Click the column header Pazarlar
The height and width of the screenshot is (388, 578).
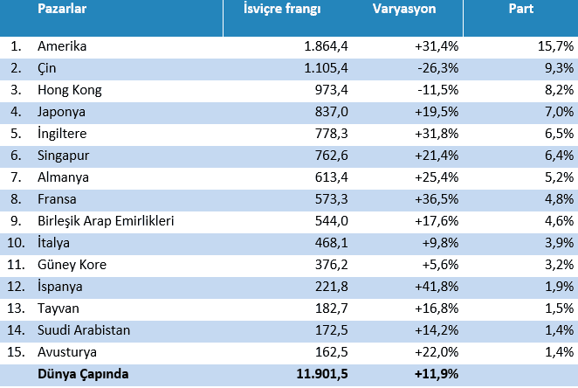pos(61,11)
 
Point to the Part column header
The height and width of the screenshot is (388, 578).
pos(521,11)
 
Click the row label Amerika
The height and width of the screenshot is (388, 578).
pos(62,45)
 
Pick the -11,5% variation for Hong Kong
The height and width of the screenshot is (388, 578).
pos(439,89)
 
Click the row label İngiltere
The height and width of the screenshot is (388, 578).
pos(64,134)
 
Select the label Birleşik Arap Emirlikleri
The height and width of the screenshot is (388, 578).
pos(106,221)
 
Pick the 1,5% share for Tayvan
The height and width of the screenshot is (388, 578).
pos(559,308)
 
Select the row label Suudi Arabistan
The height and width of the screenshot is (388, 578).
pos(84,330)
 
